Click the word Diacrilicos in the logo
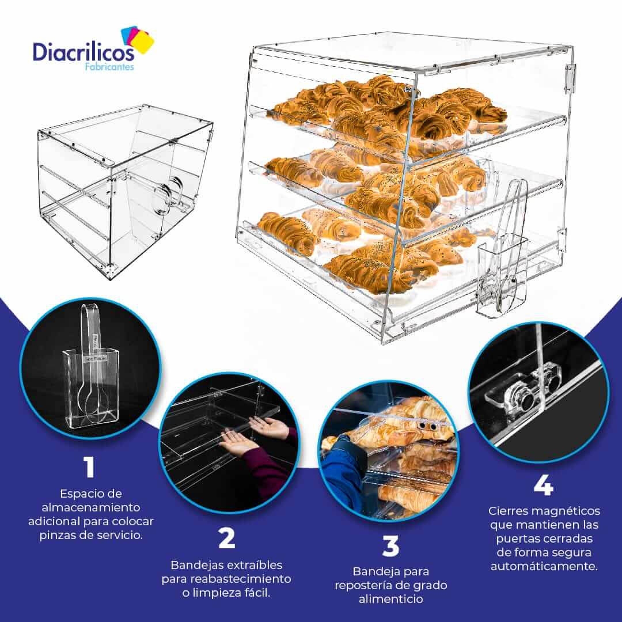(84, 52)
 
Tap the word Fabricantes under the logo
(109, 67)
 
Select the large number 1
(89, 467)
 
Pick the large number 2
(226, 538)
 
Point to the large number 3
(390, 545)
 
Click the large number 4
(544, 485)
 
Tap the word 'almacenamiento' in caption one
(91, 507)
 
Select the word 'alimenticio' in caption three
(390, 599)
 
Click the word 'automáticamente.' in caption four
(544, 566)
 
